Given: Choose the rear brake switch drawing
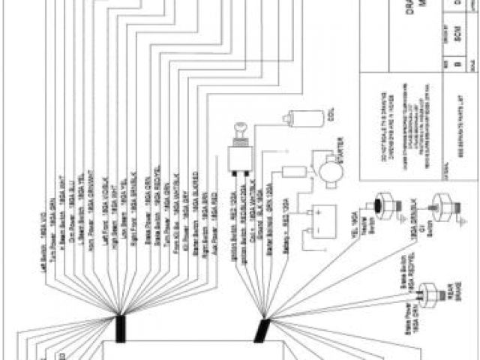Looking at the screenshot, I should (429, 295).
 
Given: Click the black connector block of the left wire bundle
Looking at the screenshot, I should (120, 327).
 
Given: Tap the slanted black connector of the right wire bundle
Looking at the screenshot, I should (262, 331).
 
